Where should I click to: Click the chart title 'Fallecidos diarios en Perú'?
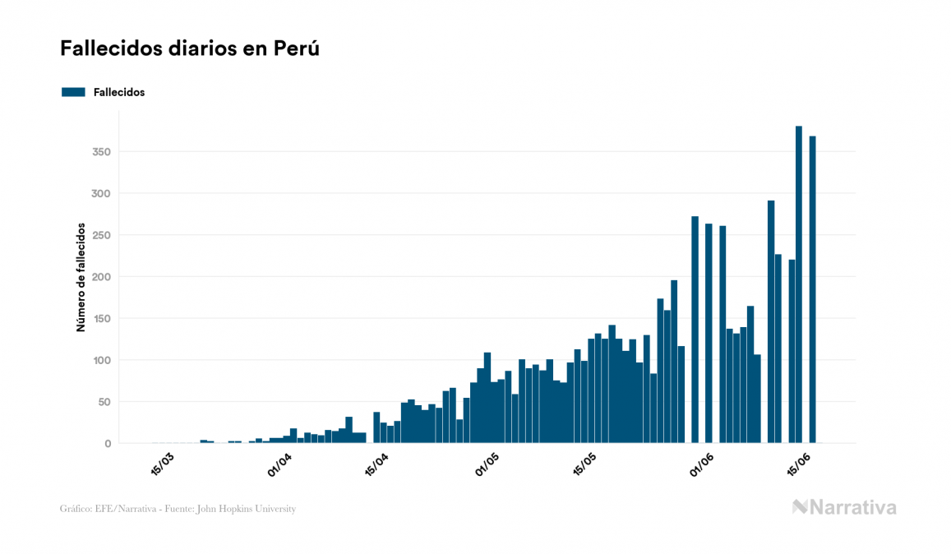tap(189, 48)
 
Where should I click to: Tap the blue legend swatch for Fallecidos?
tap(73, 92)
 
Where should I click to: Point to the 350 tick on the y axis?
tap(101, 152)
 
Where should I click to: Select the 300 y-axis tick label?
tap(101, 194)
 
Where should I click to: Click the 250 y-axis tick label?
tap(101, 235)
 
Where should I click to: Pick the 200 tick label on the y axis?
tap(101, 277)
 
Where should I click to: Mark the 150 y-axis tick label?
tap(101, 319)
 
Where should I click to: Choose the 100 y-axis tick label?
tap(101, 361)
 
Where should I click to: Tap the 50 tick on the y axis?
tap(104, 402)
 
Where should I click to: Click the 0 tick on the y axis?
tap(107, 444)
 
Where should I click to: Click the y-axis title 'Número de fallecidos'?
tap(81, 276)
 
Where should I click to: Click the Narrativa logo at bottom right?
tap(844, 507)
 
